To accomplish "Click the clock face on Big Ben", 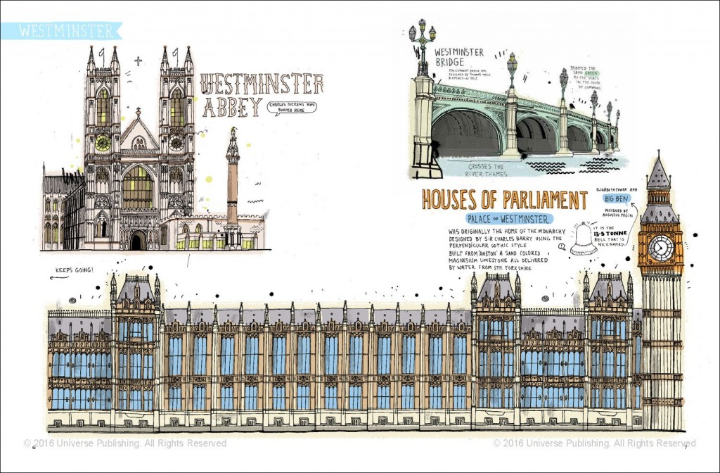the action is (661, 248).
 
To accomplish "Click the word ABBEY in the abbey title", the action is (231, 108).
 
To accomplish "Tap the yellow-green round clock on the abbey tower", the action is (103, 143).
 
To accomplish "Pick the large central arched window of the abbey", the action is (138, 188).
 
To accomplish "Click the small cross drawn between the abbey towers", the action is (138, 61).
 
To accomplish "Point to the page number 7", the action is (686, 446).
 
